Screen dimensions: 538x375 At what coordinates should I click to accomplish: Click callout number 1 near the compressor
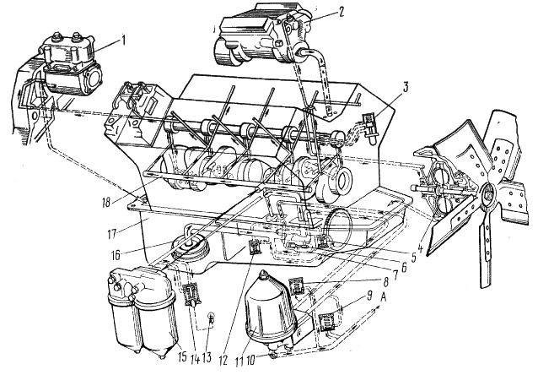(x=123, y=41)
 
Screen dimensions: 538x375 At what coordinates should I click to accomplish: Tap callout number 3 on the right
(x=406, y=87)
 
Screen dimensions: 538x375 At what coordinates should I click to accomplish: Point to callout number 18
(x=106, y=202)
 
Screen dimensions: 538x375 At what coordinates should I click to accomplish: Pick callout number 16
(x=116, y=255)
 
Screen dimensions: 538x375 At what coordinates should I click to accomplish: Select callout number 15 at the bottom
(x=182, y=356)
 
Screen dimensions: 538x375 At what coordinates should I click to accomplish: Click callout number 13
(x=207, y=357)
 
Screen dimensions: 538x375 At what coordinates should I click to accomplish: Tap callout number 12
(x=223, y=360)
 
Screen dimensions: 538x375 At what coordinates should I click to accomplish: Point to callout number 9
(x=369, y=296)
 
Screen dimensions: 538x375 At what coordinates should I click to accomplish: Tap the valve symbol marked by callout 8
(x=296, y=286)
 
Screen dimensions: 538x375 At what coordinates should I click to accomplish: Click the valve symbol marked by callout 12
(x=255, y=247)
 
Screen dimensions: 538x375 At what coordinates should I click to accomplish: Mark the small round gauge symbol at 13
(x=212, y=316)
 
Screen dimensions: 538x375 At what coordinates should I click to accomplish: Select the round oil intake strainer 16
(x=187, y=248)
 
